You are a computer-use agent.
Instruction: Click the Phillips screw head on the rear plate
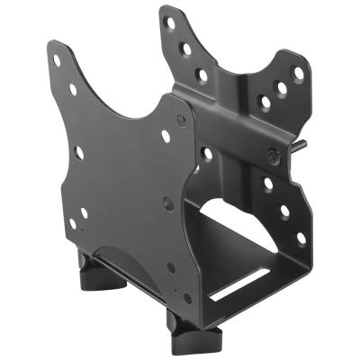[272, 157]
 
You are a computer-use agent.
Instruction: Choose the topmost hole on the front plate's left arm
[57, 61]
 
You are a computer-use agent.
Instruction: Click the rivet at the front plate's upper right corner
[181, 118]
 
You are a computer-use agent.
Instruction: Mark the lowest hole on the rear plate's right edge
[301, 238]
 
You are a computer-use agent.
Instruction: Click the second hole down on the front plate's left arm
[73, 89]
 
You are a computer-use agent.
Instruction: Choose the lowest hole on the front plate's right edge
[187, 298]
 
